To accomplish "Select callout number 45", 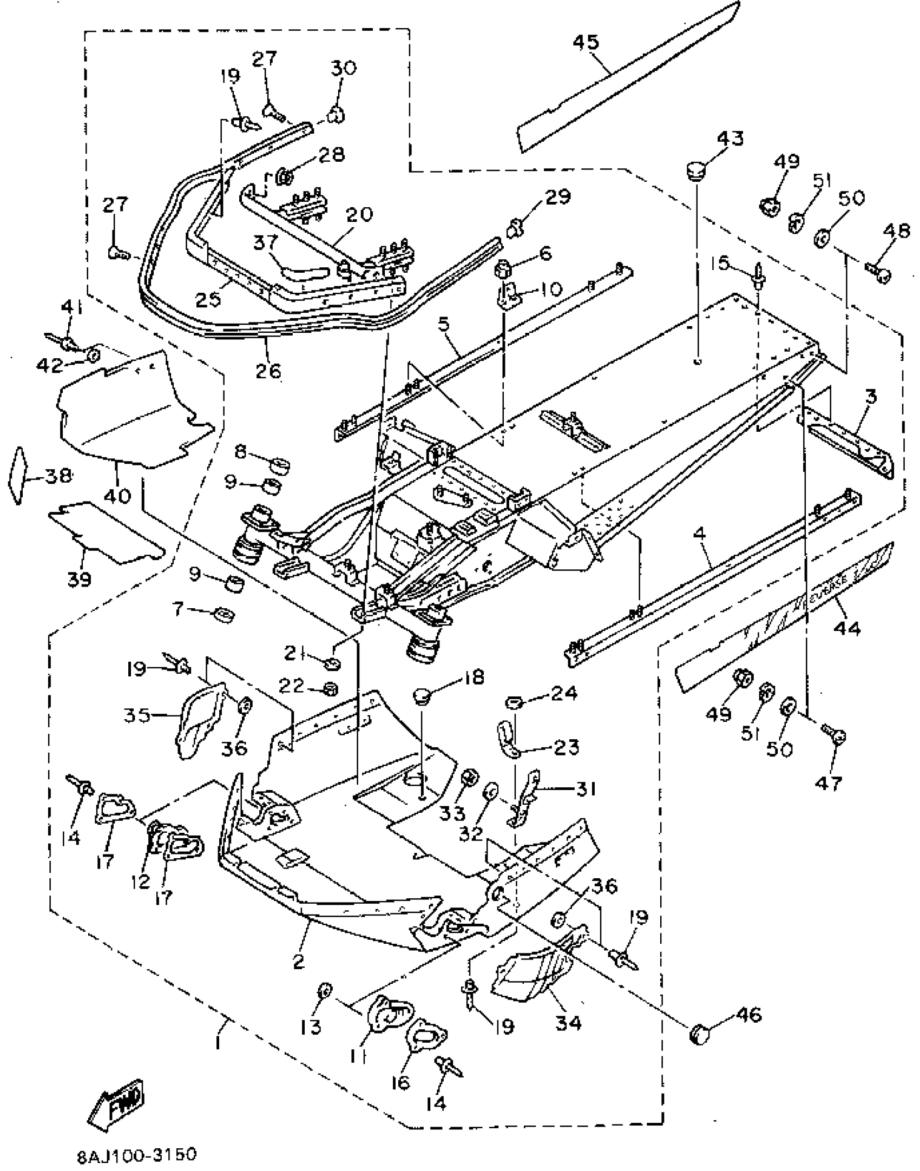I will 586,42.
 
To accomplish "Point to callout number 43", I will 730,139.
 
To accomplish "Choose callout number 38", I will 58,476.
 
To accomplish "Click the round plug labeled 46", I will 700,1034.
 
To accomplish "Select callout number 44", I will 847,629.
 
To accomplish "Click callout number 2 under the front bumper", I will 298,962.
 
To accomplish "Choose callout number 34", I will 568,1022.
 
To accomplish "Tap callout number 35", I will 136,715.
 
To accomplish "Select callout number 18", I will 473,677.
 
